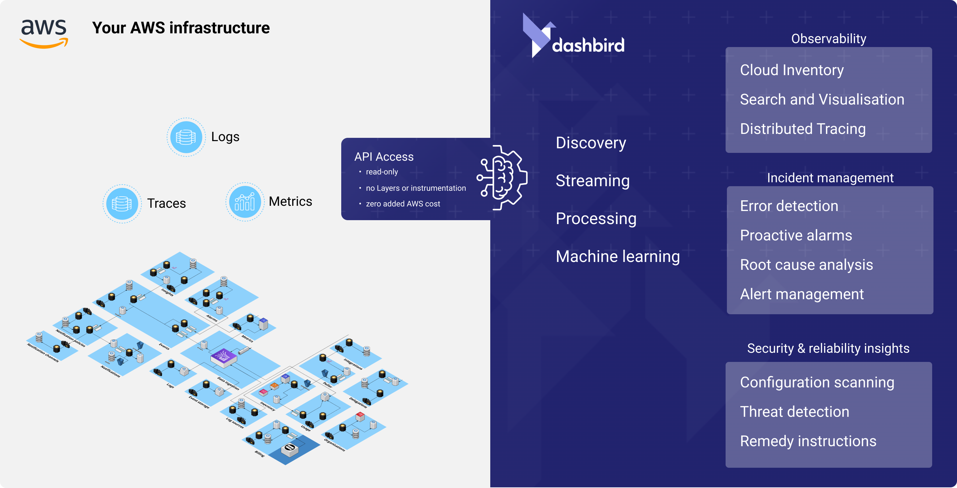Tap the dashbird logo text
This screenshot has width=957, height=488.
pyautogui.click(x=588, y=45)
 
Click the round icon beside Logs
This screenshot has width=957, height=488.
pyautogui.click(x=186, y=137)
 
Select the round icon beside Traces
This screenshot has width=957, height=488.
pyautogui.click(x=122, y=203)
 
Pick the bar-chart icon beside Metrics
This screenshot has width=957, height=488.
pyautogui.click(x=245, y=202)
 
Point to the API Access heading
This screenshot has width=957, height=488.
pyautogui.click(x=383, y=157)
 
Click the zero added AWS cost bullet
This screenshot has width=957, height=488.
pyautogui.click(x=402, y=203)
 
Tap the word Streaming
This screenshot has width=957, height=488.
pyautogui.click(x=592, y=181)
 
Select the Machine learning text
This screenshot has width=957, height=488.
pyautogui.click(x=617, y=257)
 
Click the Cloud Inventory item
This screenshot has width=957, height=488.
pyautogui.click(x=791, y=70)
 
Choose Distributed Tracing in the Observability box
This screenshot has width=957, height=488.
pyautogui.click(x=802, y=129)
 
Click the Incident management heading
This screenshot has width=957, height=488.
pyautogui.click(x=830, y=178)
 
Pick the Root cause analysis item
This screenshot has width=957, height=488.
pyautogui.click(x=806, y=265)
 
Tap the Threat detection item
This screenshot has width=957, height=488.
pyautogui.click(x=794, y=412)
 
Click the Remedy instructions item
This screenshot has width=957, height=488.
pyautogui.click(x=808, y=441)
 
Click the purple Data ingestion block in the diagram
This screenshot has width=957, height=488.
pyautogui.click(x=223, y=357)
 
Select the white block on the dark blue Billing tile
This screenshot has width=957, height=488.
pyautogui.click(x=290, y=450)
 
